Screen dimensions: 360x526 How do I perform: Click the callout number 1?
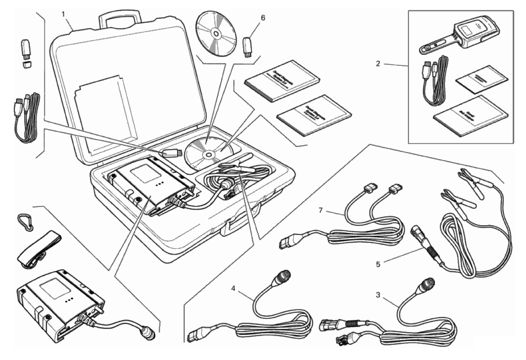coord(63,14)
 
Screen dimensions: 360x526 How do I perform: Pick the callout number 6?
coord(263,18)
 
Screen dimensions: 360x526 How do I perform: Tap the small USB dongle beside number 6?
coord(248,46)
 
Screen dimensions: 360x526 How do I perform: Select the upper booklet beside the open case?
coord(282,80)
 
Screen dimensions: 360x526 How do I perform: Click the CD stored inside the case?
coord(208,153)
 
